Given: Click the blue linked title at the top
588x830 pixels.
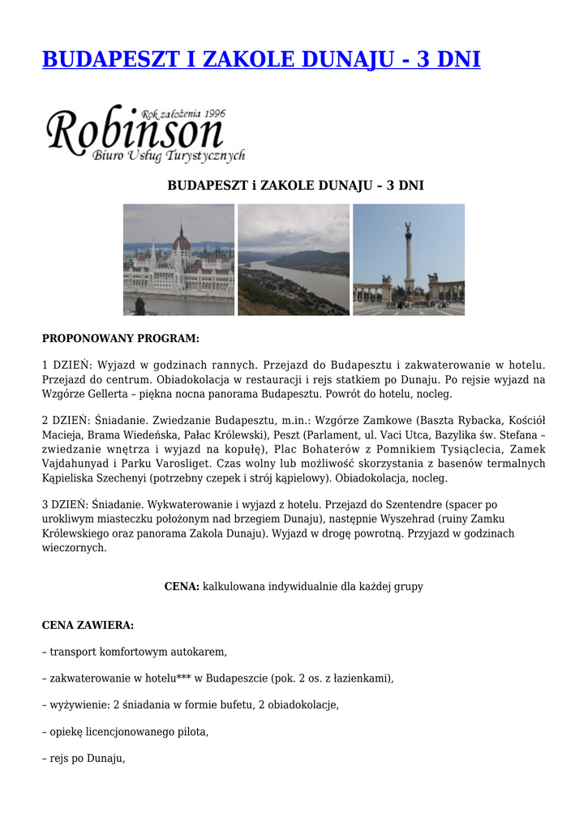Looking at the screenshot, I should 260,59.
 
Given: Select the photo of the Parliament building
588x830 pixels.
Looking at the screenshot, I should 178,259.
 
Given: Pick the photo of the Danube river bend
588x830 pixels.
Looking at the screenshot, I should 294,259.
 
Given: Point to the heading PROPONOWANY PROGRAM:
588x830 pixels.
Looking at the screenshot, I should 120,338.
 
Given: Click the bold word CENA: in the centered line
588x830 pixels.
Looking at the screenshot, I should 182,586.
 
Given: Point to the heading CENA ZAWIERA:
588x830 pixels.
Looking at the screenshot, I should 88,625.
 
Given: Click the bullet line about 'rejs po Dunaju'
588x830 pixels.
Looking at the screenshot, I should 84,759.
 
